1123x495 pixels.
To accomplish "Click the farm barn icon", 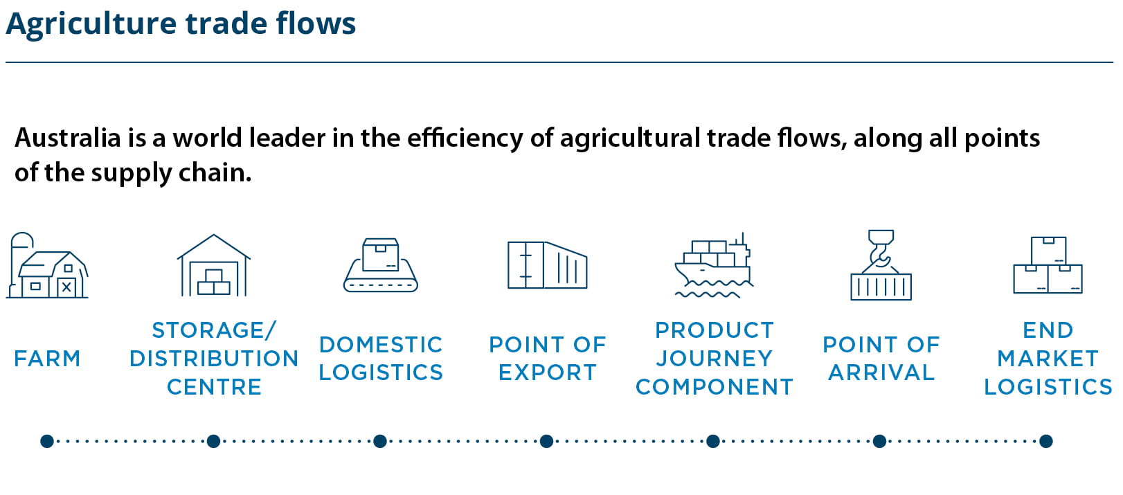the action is point(47,265).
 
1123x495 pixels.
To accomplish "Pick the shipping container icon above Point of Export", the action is point(547,264).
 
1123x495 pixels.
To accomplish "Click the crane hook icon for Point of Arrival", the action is point(881,264).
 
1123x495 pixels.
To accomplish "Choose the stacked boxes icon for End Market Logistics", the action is point(1048,264).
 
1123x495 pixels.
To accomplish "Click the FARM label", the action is point(47,359).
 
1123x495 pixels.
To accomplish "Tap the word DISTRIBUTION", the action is point(214,359).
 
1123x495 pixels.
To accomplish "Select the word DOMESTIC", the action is point(381,345).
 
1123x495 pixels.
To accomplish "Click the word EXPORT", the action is point(548,372).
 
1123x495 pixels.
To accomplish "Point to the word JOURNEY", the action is point(715,359).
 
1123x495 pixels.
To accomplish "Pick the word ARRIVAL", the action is point(881,372).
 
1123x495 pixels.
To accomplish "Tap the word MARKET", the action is point(1048,359).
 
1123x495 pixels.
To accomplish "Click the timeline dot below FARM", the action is point(47,441).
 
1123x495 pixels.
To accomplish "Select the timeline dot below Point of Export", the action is point(546,441).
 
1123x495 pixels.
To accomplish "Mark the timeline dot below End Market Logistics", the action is point(1045,441).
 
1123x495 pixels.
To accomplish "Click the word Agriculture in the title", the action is point(91,24).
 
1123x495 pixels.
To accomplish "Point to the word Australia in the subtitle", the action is point(68,138).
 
